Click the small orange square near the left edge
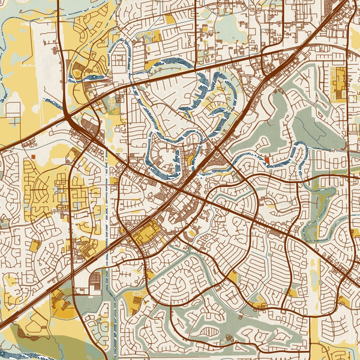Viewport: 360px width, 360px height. tap(34, 157)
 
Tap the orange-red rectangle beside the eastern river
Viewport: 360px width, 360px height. tap(266, 159)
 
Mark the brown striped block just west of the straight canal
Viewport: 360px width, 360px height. tap(95, 280)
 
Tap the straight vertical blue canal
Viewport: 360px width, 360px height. tap(106, 240)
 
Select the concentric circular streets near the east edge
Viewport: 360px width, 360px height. tap(337, 163)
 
